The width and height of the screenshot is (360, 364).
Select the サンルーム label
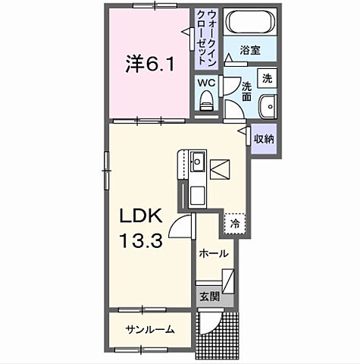(150, 329)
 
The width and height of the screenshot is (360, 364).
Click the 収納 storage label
(264, 139)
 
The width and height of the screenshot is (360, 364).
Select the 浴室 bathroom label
(251, 52)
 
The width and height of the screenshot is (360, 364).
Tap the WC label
(205, 82)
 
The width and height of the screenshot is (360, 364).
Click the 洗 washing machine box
(267, 77)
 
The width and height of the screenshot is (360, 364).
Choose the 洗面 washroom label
(247, 91)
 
